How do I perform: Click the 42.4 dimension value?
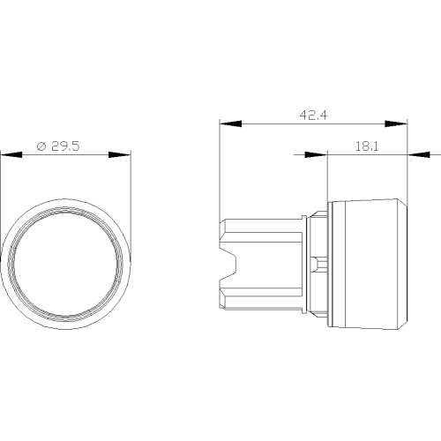click(x=313, y=115)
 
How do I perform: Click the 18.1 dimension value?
click(x=367, y=146)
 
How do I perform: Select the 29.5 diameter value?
click(x=65, y=146)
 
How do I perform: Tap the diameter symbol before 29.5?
click(x=41, y=146)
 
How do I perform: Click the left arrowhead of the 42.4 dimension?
click(x=230, y=123)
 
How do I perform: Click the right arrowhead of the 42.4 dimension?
click(x=396, y=123)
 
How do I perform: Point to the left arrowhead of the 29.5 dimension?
click(x=11, y=154)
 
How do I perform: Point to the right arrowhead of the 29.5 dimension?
click(x=120, y=154)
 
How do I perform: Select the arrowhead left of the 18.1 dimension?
click(x=316, y=154)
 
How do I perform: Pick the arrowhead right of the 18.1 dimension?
click(x=419, y=154)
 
